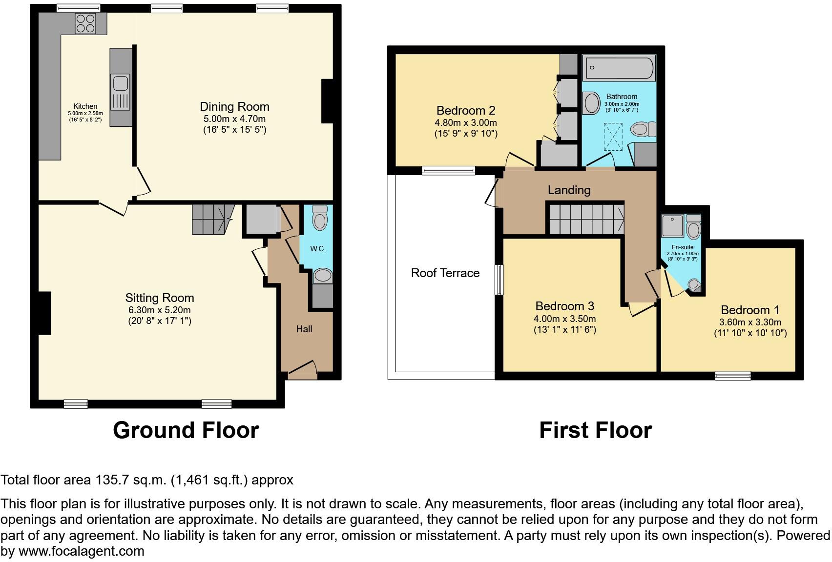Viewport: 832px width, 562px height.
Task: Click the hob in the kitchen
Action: click(85, 23)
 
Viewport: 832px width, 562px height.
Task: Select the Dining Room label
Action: click(234, 107)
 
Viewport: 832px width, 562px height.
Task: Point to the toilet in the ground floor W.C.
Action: click(320, 218)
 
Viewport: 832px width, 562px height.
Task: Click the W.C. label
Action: click(318, 249)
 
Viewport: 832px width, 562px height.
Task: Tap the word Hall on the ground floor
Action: click(304, 329)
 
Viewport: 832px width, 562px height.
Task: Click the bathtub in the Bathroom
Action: click(619, 68)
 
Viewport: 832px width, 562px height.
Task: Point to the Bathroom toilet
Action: click(643, 130)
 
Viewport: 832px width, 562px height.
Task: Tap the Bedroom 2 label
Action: click(466, 110)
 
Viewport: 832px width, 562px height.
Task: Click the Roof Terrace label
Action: click(445, 273)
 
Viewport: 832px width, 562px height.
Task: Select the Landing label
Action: click(569, 190)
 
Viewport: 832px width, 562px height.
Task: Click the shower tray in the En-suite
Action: click(673, 225)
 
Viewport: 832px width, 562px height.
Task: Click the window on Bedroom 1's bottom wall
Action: click(732, 375)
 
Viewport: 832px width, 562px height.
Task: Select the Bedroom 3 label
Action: click(564, 306)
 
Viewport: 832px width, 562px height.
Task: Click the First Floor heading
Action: click(595, 430)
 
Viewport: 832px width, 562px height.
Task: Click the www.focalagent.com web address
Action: click(82, 552)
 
